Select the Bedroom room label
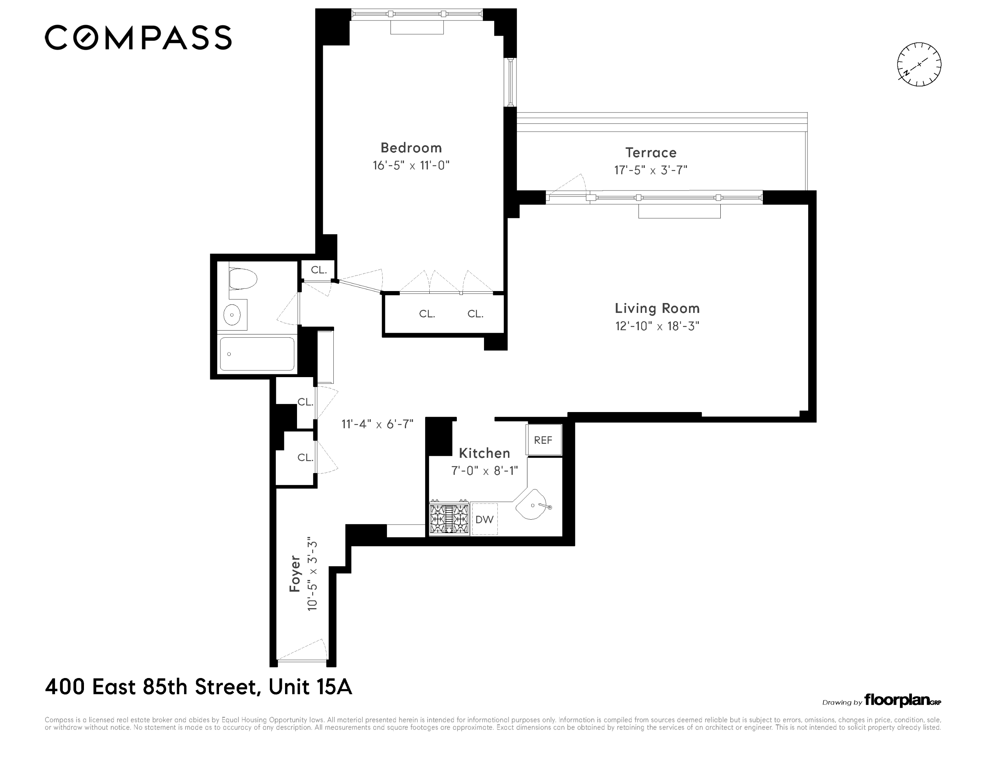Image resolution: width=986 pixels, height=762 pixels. pyautogui.click(x=411, y=147)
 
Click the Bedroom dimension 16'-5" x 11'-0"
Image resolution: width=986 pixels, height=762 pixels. pyautogui.click(x=411, y=165)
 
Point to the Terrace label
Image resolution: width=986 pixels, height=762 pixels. pyautogui.click(x=651, y=153)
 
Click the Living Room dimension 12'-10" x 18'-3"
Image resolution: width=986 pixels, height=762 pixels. pyautogui.click(x=657, y=326)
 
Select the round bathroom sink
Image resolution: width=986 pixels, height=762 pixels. pyautogui.click(x=232, y=315)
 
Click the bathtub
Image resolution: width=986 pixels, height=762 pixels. pyautogui.click(x=257, y=354)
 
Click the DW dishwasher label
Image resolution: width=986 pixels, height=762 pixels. pyautogui.click(x=484, y=520)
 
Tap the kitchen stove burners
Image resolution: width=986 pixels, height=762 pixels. pyautogui.click(x=449, y=518)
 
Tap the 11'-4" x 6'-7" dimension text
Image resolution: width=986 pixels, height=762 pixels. pyautogui.click(x=377, y=424)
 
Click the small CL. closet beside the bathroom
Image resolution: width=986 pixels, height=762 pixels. pyautogui.click(x=318, y=270)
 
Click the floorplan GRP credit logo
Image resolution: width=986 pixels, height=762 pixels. pyautogui.click(x=902, y=701)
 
